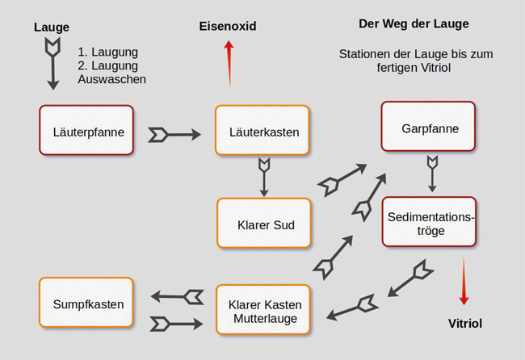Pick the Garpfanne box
tap(428, 128)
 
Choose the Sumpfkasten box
tap(86, 304)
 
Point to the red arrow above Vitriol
tap(464, 282)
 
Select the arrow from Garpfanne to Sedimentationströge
tap(432, 172)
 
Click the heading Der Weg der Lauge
tap(414, 23)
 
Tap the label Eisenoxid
tap(228, 27)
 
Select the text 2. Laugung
tap(108, 65)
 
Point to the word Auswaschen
tap(112, 80)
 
